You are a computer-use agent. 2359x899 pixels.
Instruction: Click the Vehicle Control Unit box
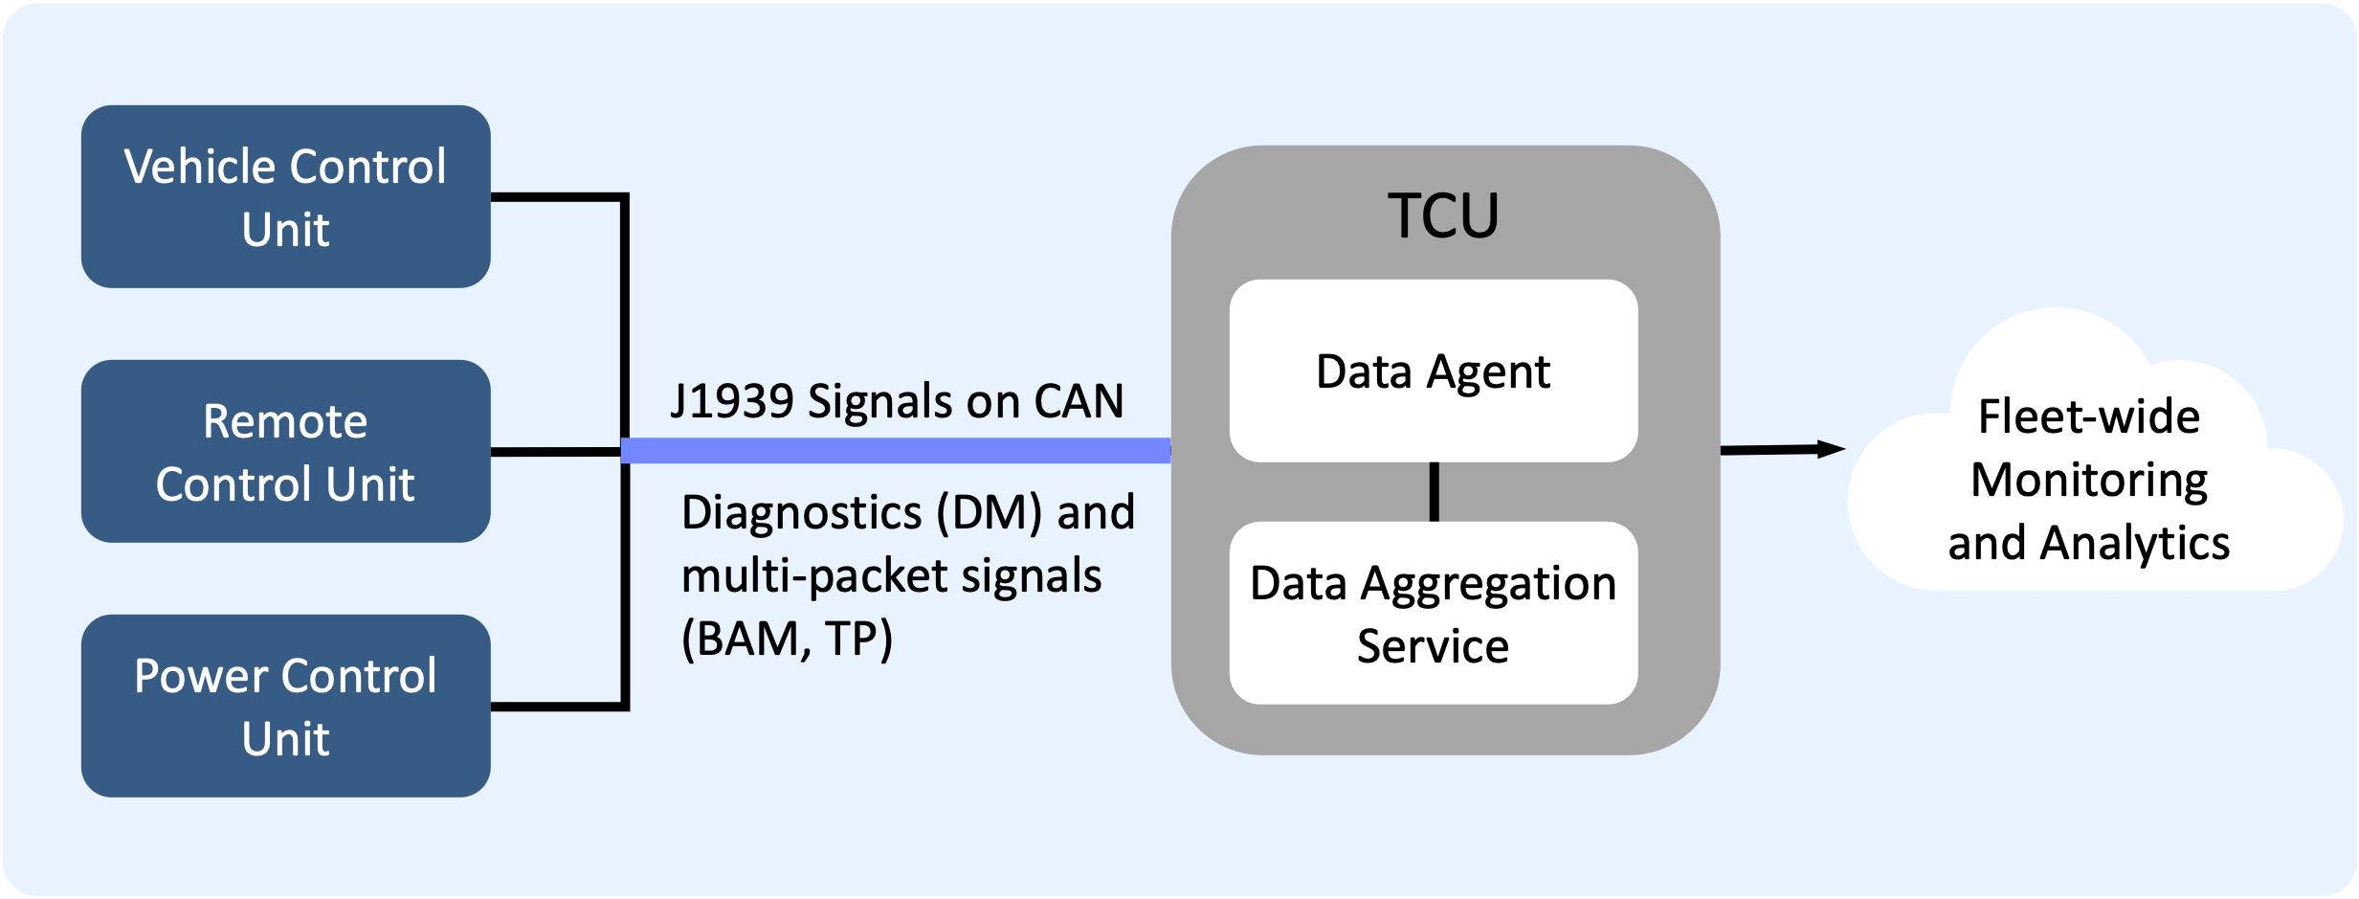(x=285, y=196)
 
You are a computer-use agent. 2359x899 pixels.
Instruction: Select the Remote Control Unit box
(x=285, y=451)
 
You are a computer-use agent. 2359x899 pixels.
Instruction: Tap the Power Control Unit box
(x=285, y=706)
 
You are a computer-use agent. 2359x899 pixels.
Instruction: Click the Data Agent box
(x=1433, y=371)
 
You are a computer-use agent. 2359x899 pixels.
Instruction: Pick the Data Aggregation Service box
(x=1433, y=613)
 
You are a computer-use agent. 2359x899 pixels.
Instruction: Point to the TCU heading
(x=1443, y=215)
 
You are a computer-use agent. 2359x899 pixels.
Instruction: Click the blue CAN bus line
(x=895, y=451)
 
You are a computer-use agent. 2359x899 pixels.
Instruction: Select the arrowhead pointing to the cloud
(x=1830, y=448)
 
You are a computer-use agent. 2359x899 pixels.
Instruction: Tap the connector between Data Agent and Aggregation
(x=1434, y=492)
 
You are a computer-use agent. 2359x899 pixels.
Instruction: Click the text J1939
(x=732, y=401)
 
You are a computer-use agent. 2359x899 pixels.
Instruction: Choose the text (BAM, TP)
(x=787, y=639)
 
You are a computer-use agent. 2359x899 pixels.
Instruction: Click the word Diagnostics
(x=802, y=512)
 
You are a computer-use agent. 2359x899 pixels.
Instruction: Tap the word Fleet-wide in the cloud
(x=2089, y=416)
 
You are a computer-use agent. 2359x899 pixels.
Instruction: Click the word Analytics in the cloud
(x=2135, y=543)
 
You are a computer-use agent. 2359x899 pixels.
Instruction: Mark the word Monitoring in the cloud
(x=2089, y=480)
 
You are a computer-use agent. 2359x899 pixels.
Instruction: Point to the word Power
(x=201, y=676)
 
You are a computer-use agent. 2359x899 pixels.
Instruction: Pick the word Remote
(x=285, y=421)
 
